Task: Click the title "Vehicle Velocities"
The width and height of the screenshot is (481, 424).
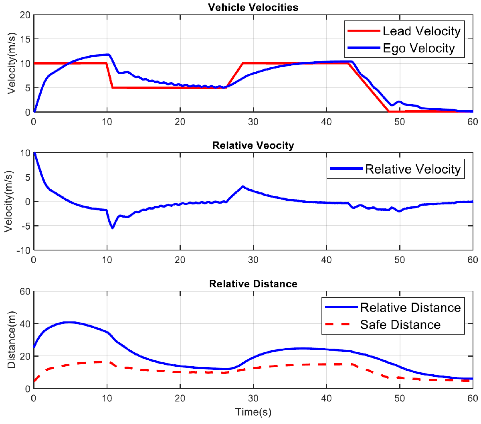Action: [x=253, y=7]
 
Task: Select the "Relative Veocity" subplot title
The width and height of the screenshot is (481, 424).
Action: [x=253, y=145]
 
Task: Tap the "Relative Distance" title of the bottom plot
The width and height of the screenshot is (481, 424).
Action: [x=253, y=284]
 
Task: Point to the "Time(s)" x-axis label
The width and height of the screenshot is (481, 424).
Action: [x=253, y=412]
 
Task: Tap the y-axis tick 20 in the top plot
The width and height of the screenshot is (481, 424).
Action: [x=25, y=15]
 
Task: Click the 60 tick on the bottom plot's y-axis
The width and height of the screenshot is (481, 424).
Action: [x=25, y=291]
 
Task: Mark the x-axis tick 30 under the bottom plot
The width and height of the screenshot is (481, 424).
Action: [x=253, y=398]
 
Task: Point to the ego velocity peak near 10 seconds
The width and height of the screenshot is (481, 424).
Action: [x=107, y=54]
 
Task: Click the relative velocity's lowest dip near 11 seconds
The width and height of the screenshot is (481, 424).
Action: [x=113, y=228]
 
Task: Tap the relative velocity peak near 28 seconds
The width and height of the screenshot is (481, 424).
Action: [x=243, y=186]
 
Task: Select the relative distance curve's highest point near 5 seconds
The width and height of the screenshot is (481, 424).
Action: [x=69, y=322]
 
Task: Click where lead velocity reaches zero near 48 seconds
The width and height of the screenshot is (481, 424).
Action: [x=389, y=111]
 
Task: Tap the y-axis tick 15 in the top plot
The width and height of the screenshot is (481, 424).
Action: [x=25, y=39]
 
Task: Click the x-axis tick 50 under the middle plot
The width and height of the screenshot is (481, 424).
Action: [x=400, y=260]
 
